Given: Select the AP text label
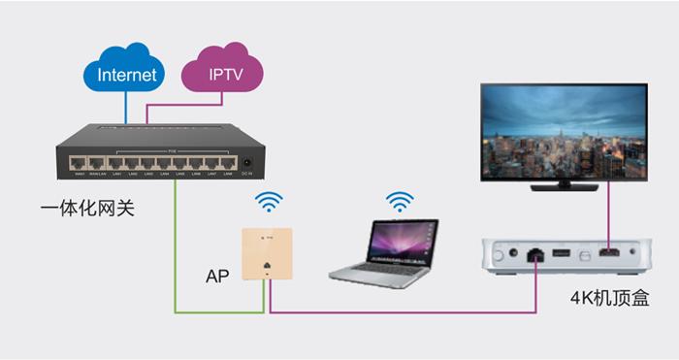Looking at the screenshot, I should click(x=217, y=276).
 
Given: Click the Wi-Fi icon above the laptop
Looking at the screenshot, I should click(x=398, y=203).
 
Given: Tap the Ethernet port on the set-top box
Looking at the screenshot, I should click(x=534, y=256).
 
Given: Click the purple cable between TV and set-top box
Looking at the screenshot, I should click(x=608, y=213).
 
